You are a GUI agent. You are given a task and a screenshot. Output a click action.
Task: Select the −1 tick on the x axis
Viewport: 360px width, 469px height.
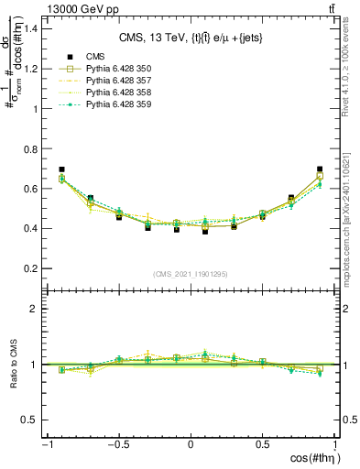(x=47, y=444)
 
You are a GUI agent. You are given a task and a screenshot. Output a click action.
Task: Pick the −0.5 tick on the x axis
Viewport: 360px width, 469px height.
(x=118, y=444)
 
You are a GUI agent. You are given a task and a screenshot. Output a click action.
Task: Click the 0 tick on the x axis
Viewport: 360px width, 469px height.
(x=191, y=444)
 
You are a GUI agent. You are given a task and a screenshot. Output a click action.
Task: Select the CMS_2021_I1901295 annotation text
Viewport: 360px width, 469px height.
(x=191, y=274)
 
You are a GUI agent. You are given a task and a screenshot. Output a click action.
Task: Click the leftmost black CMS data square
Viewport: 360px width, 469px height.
(x=61, y=169)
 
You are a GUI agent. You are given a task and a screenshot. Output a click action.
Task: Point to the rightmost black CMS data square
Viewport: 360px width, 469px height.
(x=320, y=169)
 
